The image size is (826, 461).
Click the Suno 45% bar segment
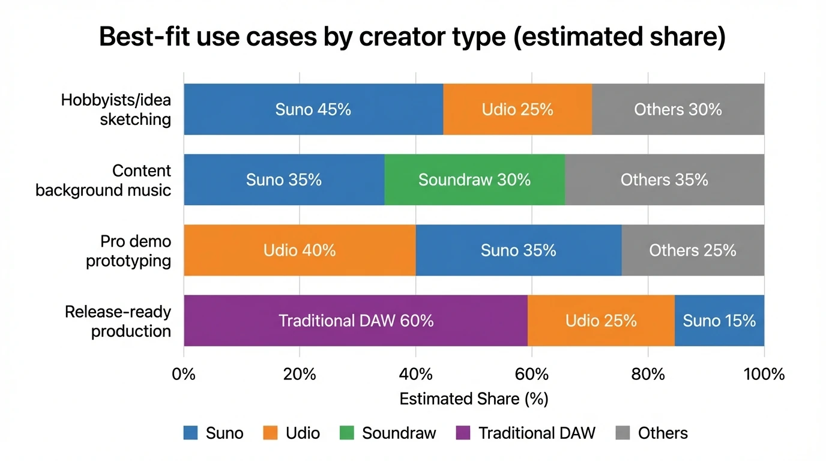pyautogui.click(x=313, y=109)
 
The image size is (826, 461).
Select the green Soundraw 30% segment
pyautogui.click(x=474, y=179)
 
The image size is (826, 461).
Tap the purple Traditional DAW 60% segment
pyautogui.click(x=355, y=321)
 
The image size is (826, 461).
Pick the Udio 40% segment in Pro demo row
pyautogui.click(x=300, y=250)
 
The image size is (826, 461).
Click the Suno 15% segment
pyautogui.click(x=719, y=321)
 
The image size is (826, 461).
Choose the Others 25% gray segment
pyautogui.click(x=693, y=250)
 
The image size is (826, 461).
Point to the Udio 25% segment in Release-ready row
pyautogui.click(x=601, y=321)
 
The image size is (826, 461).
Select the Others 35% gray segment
pyautogui.click(x=664, y=179)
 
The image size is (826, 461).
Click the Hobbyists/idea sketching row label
pyautogui.click(x=116, y=109)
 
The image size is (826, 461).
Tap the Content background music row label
pyautogui.click(x=103, y=180)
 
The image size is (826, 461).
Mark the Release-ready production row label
pyautogui.click(x=118, y=321)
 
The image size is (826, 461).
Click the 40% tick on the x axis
pyautogui.click(x=415, y=375)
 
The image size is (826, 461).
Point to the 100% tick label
pyautogui.click(x=764, y=375)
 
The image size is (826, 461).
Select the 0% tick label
pyautogui.click(x=184, y=375)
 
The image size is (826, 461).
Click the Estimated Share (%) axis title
pyautogui.click(x=474, y=399)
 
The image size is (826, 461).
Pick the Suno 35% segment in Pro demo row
pyautogui.click(x=518, y=250)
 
